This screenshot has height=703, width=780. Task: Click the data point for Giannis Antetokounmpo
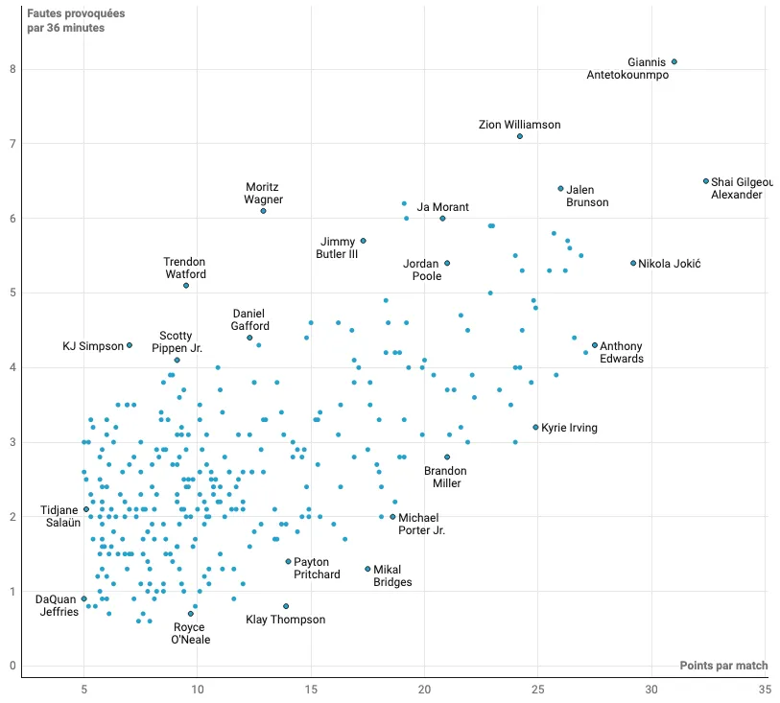pos(674,61)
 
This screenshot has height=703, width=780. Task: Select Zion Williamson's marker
pos(520,136)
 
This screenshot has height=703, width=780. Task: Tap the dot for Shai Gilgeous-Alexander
pos(706,180)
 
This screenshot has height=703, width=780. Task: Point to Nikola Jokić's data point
pos(633,263)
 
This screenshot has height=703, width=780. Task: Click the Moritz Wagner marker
pos(263,210)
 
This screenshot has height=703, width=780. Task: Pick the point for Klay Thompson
pos(286,606)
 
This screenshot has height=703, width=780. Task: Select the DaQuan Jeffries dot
pos(84,598)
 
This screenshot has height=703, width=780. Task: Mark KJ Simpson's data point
pos(130,345)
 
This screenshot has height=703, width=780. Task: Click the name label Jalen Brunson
pos(587,196)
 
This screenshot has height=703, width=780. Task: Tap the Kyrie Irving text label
pos(570,428)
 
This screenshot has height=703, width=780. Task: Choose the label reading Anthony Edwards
pos(622,352)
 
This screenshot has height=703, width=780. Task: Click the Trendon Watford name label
pos(184,268)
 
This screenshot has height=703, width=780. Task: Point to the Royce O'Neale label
pos(190,633)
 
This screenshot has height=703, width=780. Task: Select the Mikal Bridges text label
pos(392,575)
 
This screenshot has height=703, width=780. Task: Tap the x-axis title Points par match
pos(722,666)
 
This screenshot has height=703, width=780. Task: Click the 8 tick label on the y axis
pos(12,69)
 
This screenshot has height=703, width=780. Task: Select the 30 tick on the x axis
pos(651,689)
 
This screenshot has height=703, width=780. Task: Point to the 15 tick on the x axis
pos(311,689)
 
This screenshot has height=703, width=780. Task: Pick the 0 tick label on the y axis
pos(12,666)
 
